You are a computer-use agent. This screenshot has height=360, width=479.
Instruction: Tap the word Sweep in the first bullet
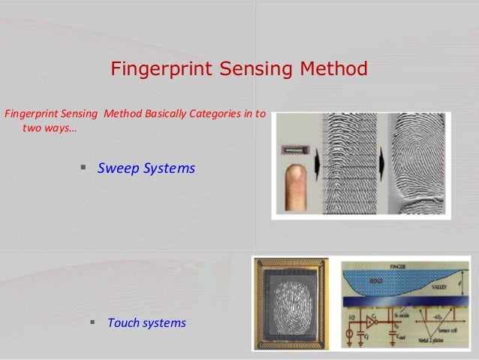coord(119,169)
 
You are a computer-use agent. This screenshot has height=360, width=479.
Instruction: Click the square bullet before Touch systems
coord(93,322)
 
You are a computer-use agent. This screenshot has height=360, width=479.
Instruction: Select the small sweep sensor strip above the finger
coord(294,151)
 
